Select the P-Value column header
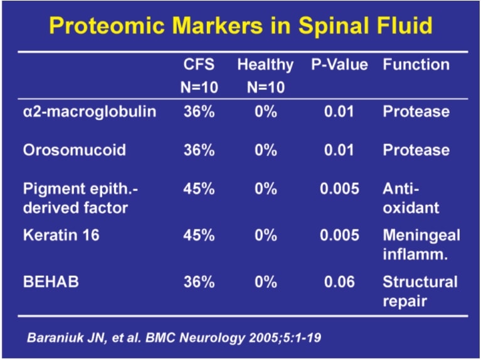339,65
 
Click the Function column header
416,65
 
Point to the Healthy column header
265,65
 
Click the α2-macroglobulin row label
89,112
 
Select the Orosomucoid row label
74,150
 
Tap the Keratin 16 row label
61,236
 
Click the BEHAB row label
51,282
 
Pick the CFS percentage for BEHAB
199,282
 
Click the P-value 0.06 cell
339,282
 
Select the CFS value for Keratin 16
199,236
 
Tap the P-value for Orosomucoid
339,150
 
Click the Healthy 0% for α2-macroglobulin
266,112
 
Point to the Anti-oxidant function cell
411,199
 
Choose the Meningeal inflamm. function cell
421,245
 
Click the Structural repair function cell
420,292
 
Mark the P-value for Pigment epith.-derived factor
339,188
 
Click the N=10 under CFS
199,87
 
